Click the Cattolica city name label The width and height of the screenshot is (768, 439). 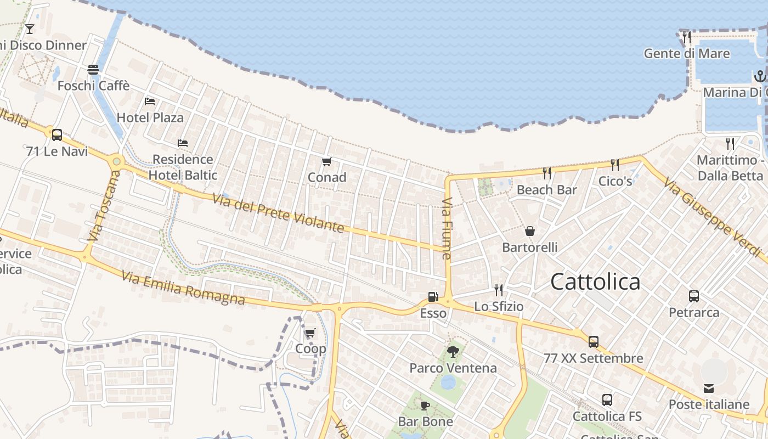point(595,282)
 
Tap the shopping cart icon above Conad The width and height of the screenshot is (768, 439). point(327,161)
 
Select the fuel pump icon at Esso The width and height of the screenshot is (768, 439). point(433,297)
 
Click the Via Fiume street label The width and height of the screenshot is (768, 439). point(447,228)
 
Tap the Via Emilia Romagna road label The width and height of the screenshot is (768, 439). point(183,288)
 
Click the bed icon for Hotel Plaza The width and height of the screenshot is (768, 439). point(150,102)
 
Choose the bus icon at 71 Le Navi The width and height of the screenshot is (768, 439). point(57,134)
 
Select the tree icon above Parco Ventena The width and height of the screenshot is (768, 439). point(453,351)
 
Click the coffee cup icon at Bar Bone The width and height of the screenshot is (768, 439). point(425,406)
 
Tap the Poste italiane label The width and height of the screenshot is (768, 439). point(709,404)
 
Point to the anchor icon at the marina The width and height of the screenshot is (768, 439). point(760,76)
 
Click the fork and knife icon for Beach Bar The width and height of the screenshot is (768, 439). point(546,173)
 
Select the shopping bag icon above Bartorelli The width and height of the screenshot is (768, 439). point(530,231)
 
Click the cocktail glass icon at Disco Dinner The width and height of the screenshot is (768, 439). point(30,29)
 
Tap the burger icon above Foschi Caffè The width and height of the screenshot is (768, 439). point(93,70)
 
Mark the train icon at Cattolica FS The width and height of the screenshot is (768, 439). point(607,400)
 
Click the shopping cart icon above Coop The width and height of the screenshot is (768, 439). point(310,333)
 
